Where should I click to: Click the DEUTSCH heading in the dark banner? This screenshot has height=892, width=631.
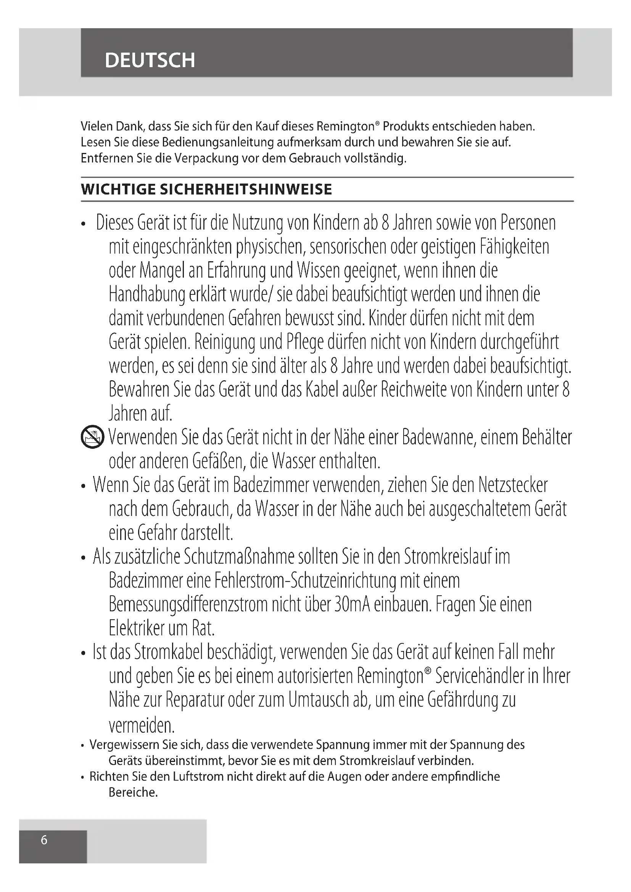[150, 60]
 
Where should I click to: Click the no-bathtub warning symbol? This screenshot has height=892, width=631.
[92, 437]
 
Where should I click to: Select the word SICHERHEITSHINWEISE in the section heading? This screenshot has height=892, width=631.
[246, 190]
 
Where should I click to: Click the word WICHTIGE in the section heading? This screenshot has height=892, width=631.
[118, 190]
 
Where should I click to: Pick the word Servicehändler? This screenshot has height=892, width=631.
[480, 676]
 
